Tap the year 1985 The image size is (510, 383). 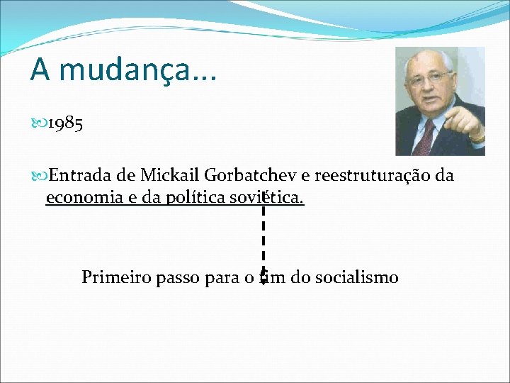tap(67, 124)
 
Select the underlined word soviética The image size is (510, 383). tap(269, 198)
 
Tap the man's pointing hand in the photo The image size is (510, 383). tap(467, 124)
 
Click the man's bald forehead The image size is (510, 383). tap(429, 60)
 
